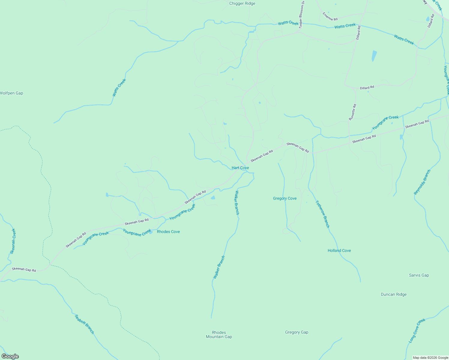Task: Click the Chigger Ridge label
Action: coord(242,4)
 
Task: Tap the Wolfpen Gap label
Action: coord(11,93)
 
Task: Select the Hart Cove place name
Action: coord(240,168)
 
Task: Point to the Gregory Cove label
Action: coord(285,198)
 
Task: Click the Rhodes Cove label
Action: coord(168,232)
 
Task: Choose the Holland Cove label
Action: coord(339,250)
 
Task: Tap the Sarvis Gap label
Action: coord(419,275)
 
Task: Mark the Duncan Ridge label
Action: coord(393,294)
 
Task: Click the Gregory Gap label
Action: coord(297,332)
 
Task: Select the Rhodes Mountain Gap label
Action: coord(219,334)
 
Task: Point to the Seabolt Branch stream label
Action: coord(84,324)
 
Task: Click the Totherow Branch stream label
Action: coord(323,214)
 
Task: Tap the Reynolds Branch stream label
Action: coord(422,182)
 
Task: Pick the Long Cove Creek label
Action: coord(417,331)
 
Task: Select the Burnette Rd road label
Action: coord(353,112)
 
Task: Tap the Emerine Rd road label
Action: coord(330,16)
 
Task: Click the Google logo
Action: coord(10,356)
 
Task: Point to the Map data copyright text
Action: coord(430,358)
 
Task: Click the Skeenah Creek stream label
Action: coord(13,241)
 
